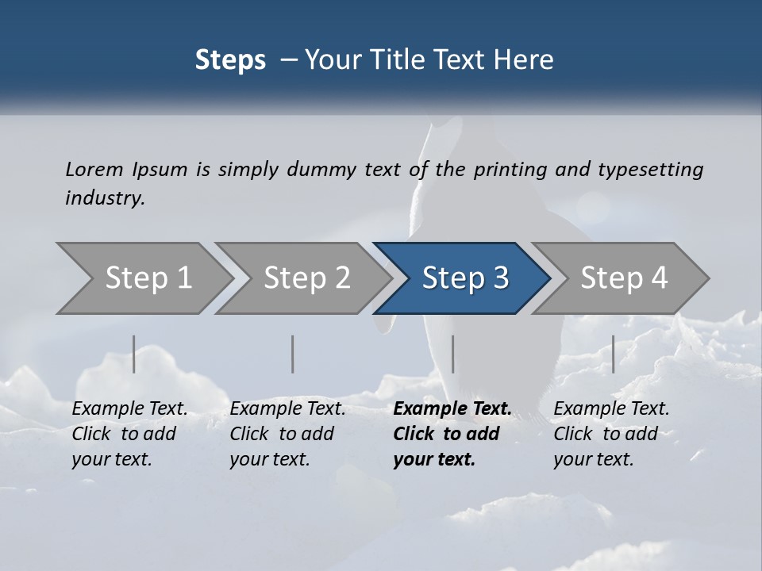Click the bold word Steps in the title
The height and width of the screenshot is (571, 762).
pyautogui.click(x=230, y=60)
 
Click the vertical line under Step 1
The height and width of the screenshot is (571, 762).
pyautogui.click(x=134, y=354)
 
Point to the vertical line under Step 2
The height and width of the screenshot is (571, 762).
pyautogui.click(x=293, y=354)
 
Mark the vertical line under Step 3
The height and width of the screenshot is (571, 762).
pyautogui.click(x=452, y=354)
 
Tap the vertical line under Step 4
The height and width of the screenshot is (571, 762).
pyautogui.click(x=613, y=354)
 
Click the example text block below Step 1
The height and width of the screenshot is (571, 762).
pyautogui.click(x=129, y=434)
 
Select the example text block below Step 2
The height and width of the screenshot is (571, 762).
pyautogui.click(x=287, y=434)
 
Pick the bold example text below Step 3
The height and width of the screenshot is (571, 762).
pyautogui.click(x=452, y=434)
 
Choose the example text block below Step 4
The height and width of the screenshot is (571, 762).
pyautogui.click(x=611, y=434)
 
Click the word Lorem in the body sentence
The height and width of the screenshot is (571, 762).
pyautogui.click(x=94, y=169)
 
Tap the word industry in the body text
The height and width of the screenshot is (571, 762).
pyautogui.click(x=104, y=198)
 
